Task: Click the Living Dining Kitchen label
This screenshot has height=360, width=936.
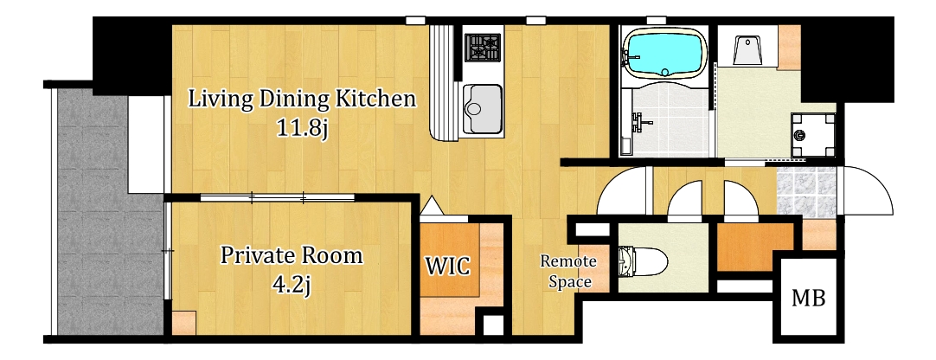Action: click(301, 100)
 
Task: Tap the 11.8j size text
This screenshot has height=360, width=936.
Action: click(302, 128)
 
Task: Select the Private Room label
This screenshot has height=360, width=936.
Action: click(292, 255)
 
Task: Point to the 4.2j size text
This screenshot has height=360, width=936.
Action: click(291, 285)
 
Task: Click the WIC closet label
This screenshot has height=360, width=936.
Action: click(448, 266)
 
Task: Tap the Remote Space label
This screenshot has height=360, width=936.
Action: click(569, 271)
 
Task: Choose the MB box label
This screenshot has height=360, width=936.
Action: click(809, 298)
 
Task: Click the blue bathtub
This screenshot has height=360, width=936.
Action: click(664, 55)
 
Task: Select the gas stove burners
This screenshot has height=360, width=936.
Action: click(483, 48)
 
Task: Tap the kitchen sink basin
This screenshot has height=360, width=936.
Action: click(483, 108)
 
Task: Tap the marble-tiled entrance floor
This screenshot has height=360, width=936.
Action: click(806, 190)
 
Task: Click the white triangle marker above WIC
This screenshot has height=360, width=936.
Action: click(431, 206)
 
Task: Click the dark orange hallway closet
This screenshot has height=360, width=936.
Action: click(755, 247)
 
